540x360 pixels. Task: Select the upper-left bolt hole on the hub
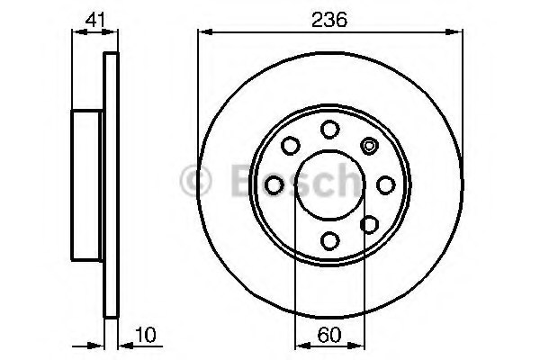290,145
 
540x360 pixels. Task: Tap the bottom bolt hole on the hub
329,239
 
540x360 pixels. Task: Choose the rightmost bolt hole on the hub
385,184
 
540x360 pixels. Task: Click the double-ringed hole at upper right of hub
368,144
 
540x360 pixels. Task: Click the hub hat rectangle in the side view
88,184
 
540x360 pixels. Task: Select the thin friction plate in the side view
112,184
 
